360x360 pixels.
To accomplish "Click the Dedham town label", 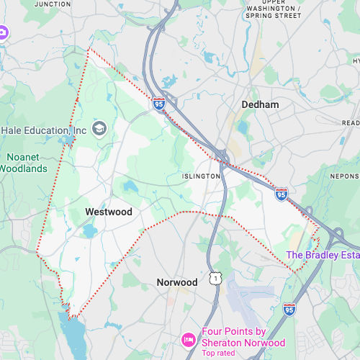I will (260, 104).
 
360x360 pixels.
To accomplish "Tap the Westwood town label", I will (109, 212).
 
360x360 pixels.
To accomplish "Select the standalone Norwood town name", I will (177, 282).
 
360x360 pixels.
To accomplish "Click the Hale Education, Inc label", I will (44, 130).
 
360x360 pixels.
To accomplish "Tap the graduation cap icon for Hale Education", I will (99, 129).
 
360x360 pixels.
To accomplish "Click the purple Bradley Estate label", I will (323, 255).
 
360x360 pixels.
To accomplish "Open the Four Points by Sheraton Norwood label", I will (243, 337).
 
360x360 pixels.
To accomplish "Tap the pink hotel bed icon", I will (189, 338).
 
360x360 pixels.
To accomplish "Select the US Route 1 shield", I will (214, 278).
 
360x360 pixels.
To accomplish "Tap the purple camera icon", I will (2, 32).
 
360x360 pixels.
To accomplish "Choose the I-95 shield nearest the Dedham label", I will (159, 104).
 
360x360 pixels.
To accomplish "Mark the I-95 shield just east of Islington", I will (282, 194).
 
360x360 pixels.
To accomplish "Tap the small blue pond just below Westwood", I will (89, 231).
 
